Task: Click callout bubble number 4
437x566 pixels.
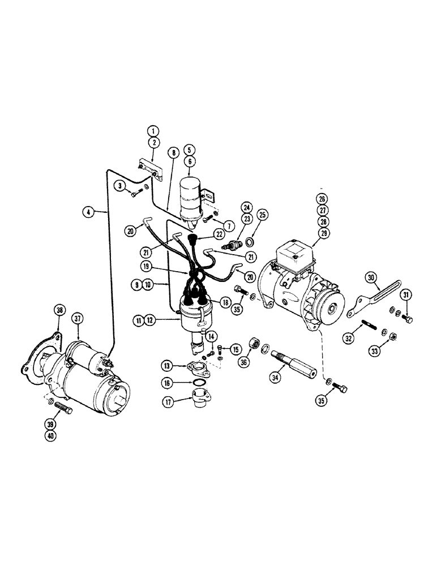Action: [x=87, y=212]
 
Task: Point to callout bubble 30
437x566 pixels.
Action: [x=371, y=277]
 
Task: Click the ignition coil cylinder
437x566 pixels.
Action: [x=191, y=199]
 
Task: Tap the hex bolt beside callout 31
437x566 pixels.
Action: [x=408, y=320]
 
